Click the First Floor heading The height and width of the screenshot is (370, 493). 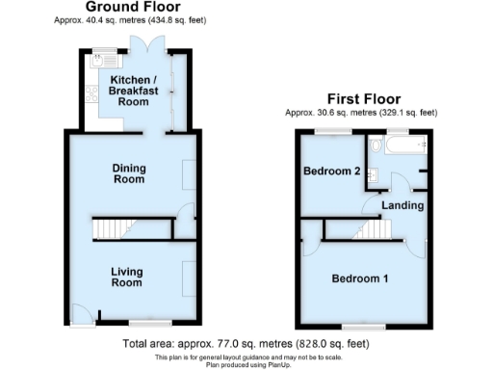coord(362,99)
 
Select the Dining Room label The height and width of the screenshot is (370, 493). coord(126,174)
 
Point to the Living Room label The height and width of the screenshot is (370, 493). coord(126,277)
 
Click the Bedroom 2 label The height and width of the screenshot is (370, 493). coord(331,172)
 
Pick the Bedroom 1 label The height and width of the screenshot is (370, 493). coord(360,279)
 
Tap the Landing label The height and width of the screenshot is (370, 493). coord(402,205)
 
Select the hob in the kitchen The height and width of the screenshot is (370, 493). coord(91,94)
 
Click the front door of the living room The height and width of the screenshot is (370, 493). coord(80,313)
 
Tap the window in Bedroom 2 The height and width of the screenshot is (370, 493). coord(333,130)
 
